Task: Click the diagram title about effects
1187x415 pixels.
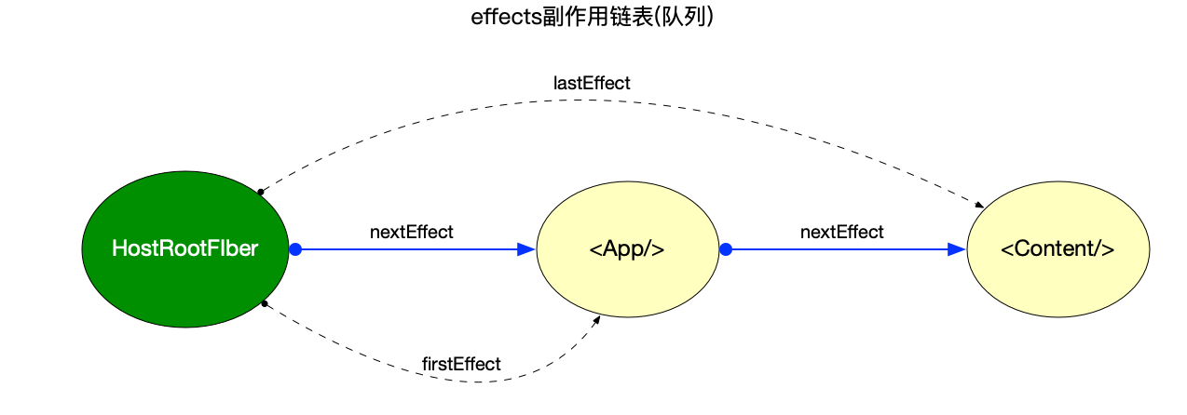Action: tap(593, 17)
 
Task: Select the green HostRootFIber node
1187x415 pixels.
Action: tap(184, 249)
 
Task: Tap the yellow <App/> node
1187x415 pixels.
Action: tap(627, 249)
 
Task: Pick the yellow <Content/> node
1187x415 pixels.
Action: tap(1058, 249)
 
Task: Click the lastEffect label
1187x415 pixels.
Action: tap(592, 83)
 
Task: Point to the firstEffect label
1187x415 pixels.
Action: tap(461, 364)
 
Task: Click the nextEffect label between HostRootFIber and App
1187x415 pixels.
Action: tap(411, 232)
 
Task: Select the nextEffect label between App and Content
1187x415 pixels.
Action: tap(841, 232)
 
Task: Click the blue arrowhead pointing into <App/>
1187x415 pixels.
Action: tap(526, 249)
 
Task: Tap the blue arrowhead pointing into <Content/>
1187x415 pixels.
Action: tap(957, 249)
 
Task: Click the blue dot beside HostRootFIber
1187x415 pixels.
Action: tap(295, 249)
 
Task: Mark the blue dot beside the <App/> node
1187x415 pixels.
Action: tap(726, 249)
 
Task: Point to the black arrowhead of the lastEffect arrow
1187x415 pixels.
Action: tap(980, 205)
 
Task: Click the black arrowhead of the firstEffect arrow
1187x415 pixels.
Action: tap(596, 320)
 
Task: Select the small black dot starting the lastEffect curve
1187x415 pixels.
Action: tap(261, 192)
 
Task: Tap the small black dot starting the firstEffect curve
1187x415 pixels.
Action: tap(265, 304)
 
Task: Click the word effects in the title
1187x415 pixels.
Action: tap(506, 17)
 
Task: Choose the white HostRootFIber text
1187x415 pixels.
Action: tap(184, 248)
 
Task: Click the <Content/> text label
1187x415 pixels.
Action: tap(1057, 248)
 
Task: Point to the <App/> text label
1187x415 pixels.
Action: tap(627, 248)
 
